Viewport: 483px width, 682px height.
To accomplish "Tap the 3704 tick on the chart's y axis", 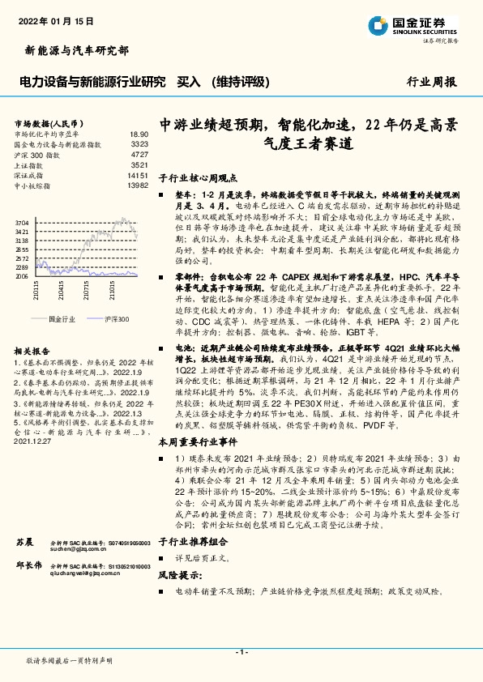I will (22, 222).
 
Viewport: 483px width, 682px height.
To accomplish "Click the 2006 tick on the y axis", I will (22, 276).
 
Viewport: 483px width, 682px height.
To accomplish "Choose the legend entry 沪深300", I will (116, 319).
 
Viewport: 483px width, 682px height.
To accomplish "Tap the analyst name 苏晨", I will (24, 540).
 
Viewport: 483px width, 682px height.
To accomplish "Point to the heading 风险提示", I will (179, 576).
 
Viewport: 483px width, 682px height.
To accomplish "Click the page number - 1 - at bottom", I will (241, 652).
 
